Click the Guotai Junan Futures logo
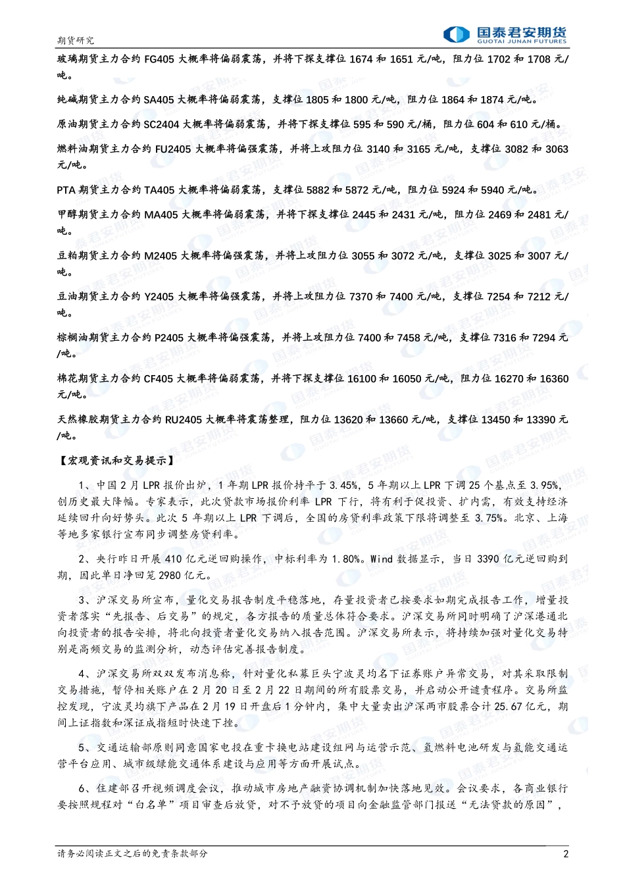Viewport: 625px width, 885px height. pos(504,34)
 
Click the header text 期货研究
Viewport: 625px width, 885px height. pos(76,41)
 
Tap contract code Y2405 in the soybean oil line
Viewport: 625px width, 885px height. pos(159,297)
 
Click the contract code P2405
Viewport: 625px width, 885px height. pos(169,338)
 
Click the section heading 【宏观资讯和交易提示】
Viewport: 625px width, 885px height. pos(116,461)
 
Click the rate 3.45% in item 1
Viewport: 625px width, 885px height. pos(343,486)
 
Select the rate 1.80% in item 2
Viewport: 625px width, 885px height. pos(346,559)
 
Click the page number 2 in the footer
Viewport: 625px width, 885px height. pos(566,854)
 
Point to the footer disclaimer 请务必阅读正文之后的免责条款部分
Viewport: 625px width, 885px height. pos(132,854)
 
